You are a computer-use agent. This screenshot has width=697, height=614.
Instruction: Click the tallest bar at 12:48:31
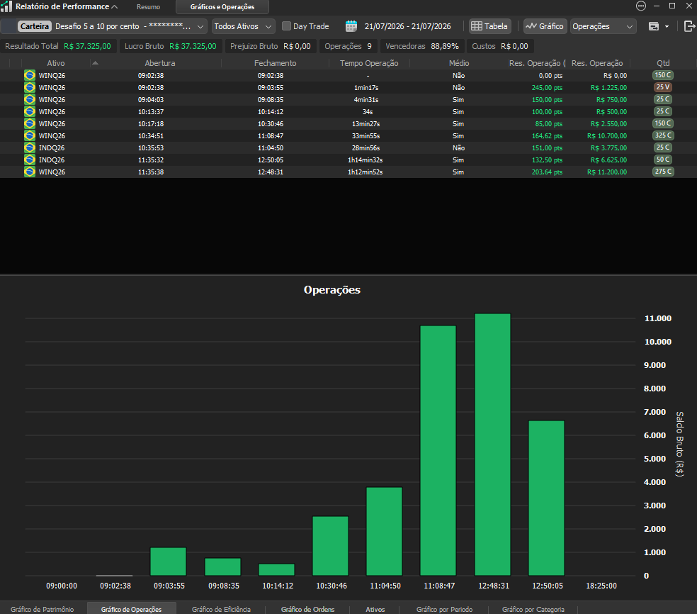tap(492, 445)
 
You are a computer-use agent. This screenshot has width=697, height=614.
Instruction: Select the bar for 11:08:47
tap(438, 451)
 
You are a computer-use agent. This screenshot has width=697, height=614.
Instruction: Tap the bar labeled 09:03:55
tap(168, 562)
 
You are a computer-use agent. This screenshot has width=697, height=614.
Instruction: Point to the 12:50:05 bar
tap(546, 498)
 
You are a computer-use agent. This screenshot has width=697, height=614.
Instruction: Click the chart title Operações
tap(332, 290)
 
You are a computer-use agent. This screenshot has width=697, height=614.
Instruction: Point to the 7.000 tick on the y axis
tap(654, 412)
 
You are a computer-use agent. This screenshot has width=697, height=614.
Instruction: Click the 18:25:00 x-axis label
tap(601, 586)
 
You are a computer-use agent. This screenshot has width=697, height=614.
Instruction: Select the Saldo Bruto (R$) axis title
tap(680, 444)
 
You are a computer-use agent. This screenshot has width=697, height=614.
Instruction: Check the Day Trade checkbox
tap(287, 26)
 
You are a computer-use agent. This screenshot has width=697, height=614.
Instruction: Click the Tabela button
tap(490, 26)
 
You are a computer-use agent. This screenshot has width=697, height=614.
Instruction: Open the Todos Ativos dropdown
tap(243, 26)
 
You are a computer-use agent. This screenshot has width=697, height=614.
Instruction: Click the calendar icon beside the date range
tap(351, 26)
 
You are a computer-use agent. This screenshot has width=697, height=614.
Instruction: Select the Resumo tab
tap(149, 7)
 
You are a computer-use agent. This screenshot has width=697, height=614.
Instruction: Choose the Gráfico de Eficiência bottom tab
tap(221, 609)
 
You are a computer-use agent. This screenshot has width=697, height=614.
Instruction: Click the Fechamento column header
tap(275, 63)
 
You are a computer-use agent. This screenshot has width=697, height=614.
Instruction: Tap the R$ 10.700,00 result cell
tap(607, 135)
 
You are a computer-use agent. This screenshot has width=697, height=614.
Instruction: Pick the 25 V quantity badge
tap(663, 87)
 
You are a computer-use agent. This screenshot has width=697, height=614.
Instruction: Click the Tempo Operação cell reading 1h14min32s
tap(365, 160)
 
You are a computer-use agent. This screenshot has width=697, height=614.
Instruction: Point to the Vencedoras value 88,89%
tap(445, 46)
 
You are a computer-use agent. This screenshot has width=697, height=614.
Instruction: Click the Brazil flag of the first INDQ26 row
tap(30, 147)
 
